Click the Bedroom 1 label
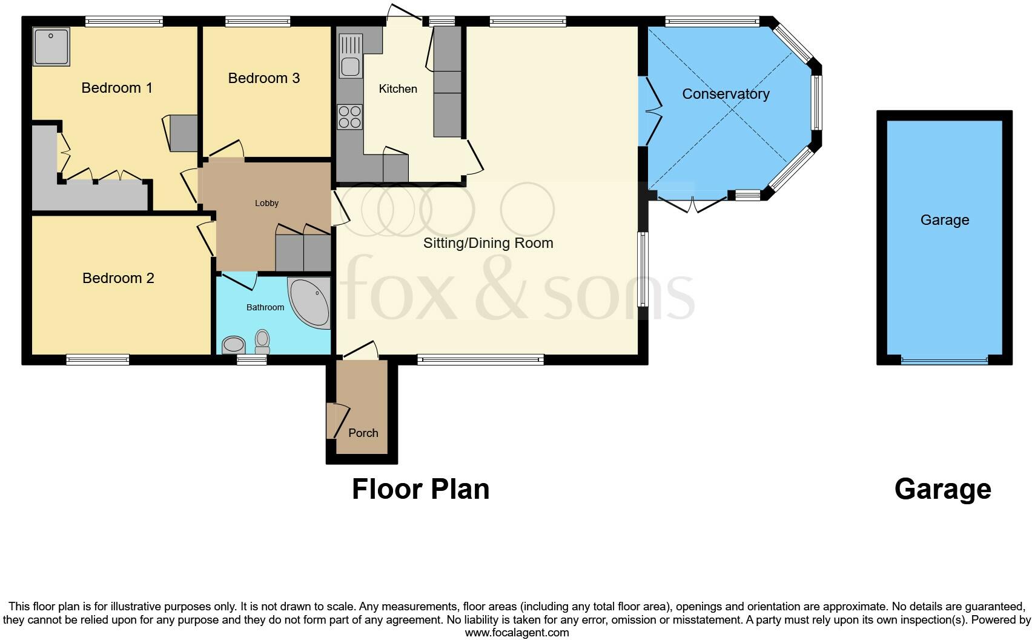click(117, 88)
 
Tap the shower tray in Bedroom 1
click(51, 46)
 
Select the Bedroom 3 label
click(263, 78)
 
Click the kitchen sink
click(350, 56)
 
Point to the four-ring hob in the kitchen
click(349, 117)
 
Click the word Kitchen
click(398, 89)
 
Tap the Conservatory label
click(726, 94)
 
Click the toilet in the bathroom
click(262, 341)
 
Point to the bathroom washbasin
click(234, 345)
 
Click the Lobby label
click(266, 203)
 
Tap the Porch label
click(363, 433)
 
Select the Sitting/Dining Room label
click(488, 243)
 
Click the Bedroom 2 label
click(118, 278)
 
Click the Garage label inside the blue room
click(945, 220)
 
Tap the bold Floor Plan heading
click(420, 489)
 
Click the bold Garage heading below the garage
click(942, 489)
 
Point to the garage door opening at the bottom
click(944, 360)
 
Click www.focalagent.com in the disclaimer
click(517, 633)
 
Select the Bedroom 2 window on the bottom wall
click(98, 359)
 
